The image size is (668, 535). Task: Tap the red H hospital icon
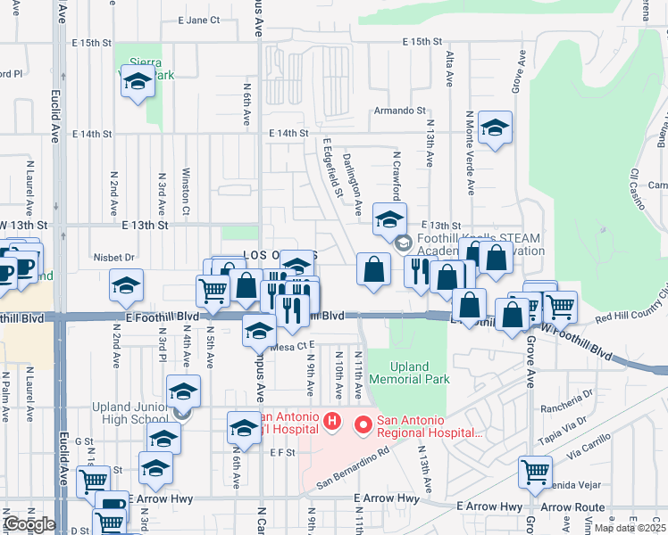pyautogui.click(x=331, y=420)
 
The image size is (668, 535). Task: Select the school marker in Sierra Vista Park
pyautogui.click(x=137, y=82)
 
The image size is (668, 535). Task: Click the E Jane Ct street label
pyautogui.click(x=198, y=20)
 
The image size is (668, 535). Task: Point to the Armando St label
pyautogui.click(x=400, y=111)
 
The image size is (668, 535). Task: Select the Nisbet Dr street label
pyautogui.click(x=113, y=258)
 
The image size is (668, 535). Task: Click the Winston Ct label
pyautogui.click(x=187, y=191)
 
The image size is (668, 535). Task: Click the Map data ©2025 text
pyautogui.click(x=630, y=528)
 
